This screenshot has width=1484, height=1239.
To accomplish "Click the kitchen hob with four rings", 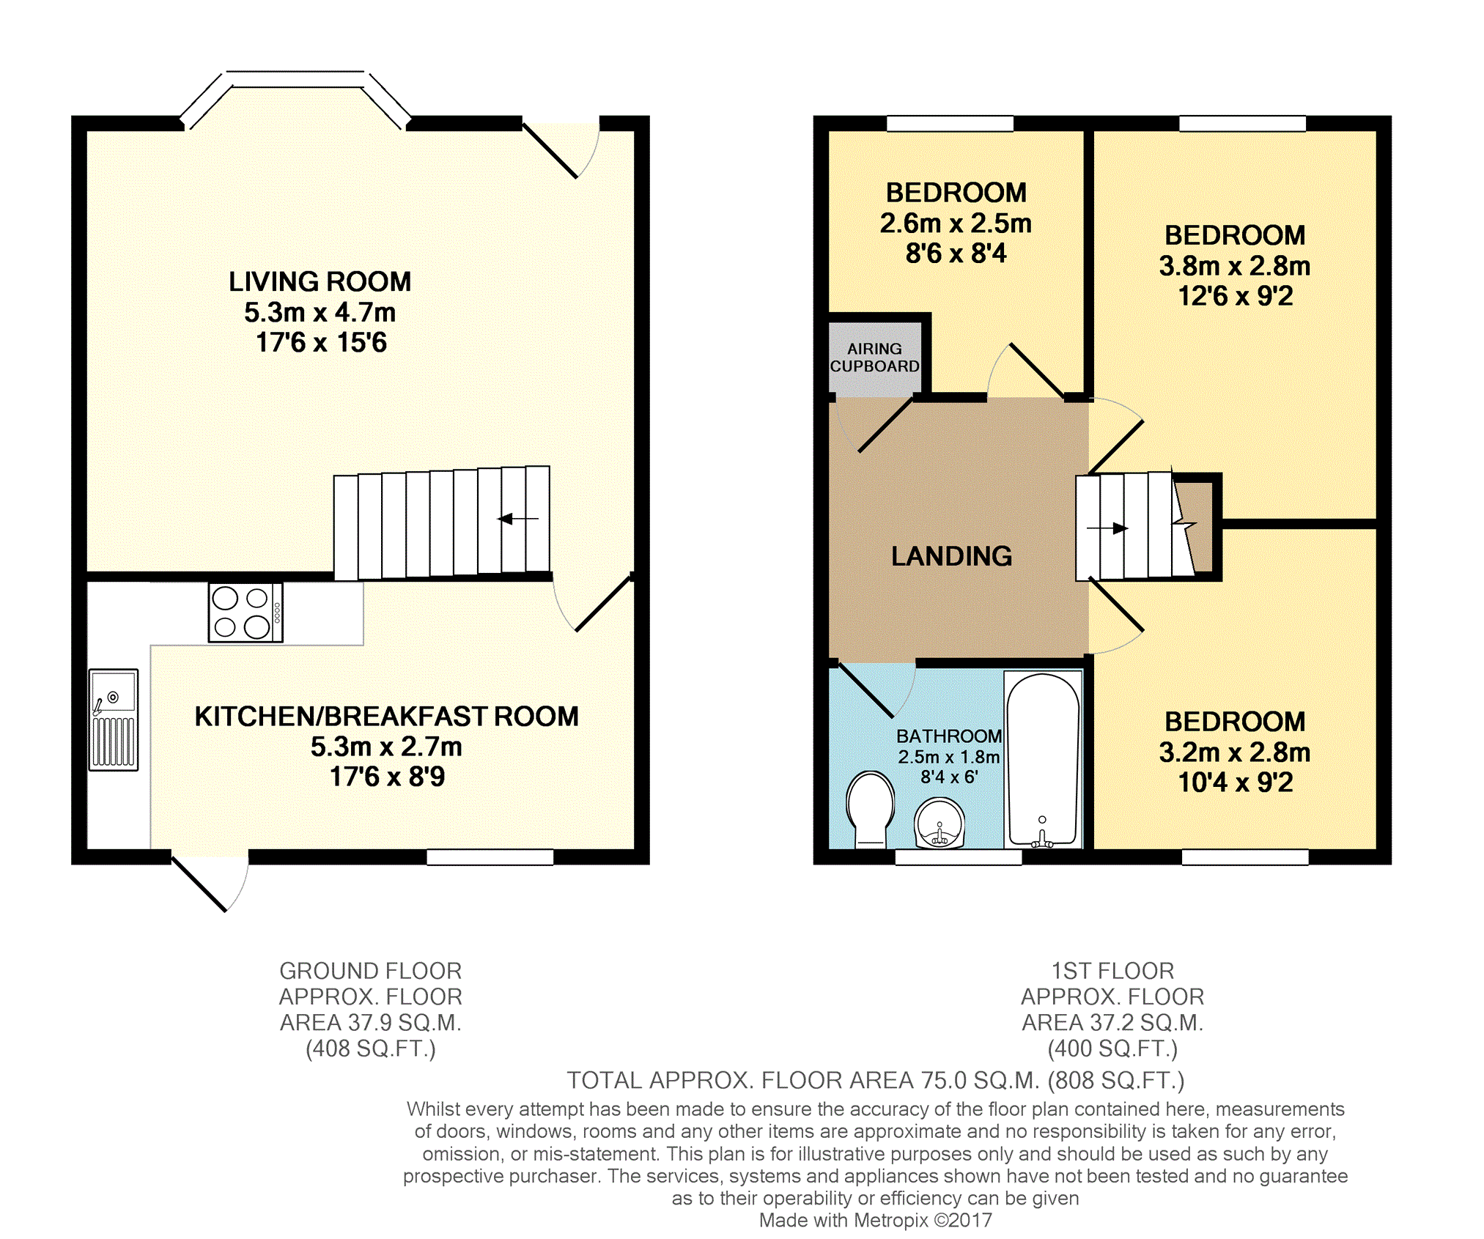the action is tap(246, 613).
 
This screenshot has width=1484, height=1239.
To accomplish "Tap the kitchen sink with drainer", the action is tap(114, 720).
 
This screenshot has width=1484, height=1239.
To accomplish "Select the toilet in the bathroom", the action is tap(870, 810).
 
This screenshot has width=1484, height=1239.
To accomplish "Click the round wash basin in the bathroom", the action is tap(940, 823).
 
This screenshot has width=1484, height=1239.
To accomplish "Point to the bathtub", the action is tap(1043, 759).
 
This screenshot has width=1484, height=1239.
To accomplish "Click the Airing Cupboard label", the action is tap(874, 358).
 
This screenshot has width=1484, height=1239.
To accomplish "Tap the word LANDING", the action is tap(951, 556).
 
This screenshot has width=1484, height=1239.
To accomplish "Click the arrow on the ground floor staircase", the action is tap(518, 519).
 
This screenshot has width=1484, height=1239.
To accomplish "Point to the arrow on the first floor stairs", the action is tap(1107, 528).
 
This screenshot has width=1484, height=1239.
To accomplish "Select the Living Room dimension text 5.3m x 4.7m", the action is tap(320, 312).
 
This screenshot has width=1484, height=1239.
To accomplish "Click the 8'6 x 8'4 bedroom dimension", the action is tap(956, 254).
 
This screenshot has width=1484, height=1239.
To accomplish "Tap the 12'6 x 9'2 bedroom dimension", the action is tap(1235, 296).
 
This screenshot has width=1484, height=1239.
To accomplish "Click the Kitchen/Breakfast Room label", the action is tap(386, 716).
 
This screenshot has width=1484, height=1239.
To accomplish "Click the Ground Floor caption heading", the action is tap(370, 971).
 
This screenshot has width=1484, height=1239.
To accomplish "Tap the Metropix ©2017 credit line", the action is tap(875, 1220).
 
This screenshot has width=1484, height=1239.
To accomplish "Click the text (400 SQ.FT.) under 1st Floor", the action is tap(1112, 1048).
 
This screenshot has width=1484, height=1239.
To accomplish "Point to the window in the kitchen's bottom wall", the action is tap(490, 857).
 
